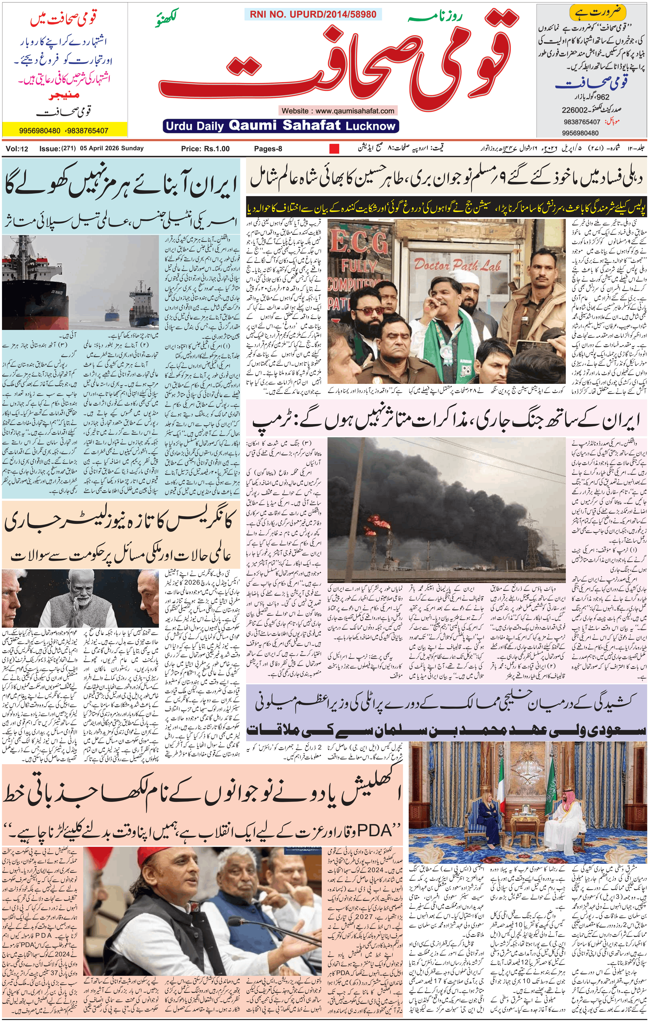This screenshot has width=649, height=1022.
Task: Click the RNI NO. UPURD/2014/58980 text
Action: point(313,14)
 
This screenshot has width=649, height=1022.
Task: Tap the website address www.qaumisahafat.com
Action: point(355,111)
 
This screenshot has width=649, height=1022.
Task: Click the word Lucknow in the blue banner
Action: point(370,126)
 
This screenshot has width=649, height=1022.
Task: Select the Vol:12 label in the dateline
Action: point(17,148)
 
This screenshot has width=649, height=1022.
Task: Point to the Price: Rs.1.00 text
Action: point(205,148)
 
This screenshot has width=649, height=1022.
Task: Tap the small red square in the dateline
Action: point(334,148)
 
